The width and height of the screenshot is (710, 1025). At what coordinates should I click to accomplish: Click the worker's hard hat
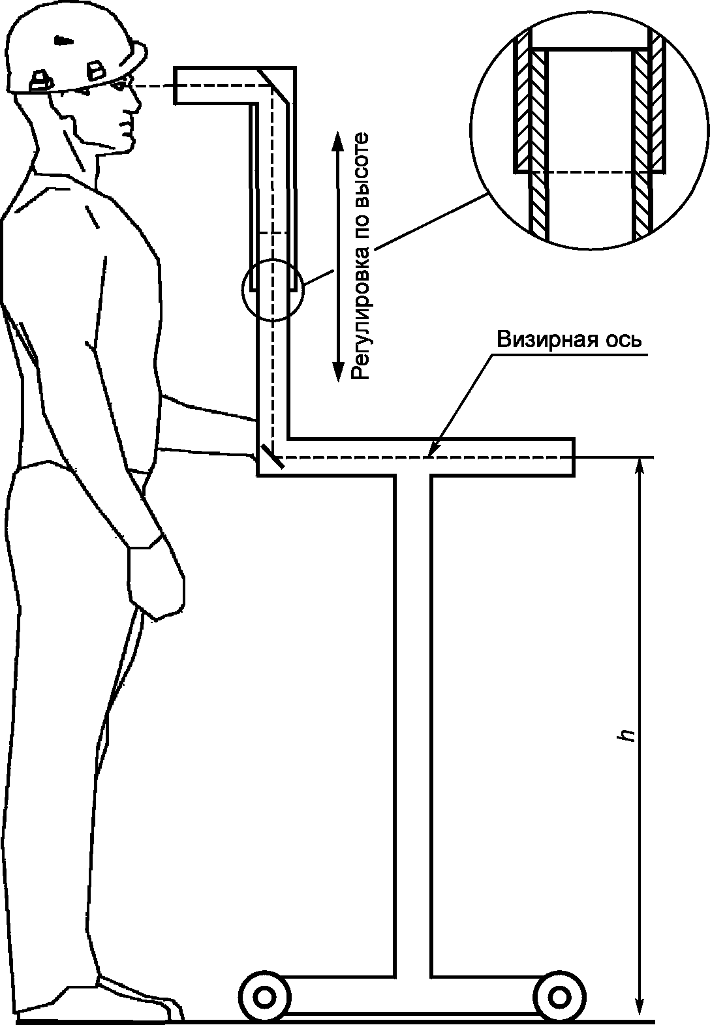tap(72, 52)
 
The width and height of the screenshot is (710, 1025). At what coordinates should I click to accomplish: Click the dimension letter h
tap(628, 735)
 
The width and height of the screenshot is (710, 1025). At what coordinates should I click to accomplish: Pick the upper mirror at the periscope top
tap(274, 84)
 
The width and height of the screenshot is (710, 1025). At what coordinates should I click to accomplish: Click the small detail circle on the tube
tap(273, 288)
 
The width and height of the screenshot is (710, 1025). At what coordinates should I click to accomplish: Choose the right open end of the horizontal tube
tap(573, 457)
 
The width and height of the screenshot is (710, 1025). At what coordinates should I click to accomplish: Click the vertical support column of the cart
tap(412, 718)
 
